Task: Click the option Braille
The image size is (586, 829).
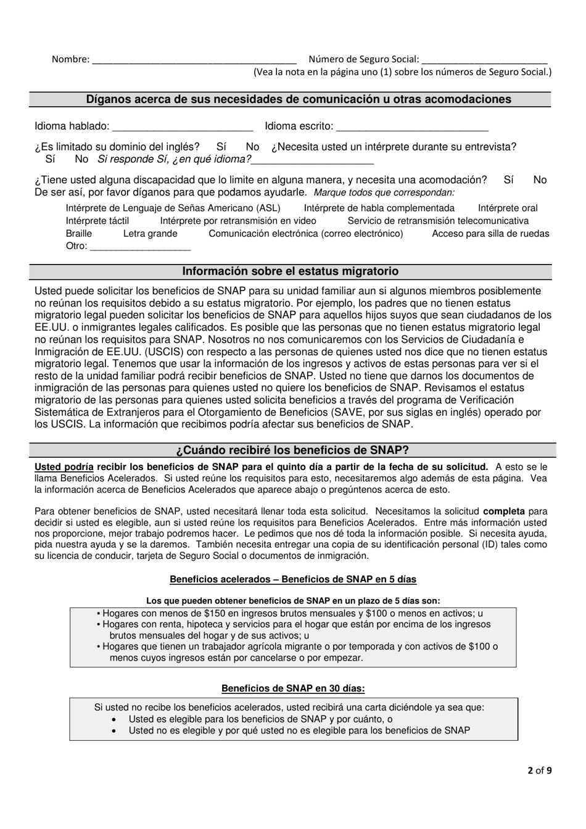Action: pyautogui.click(x=79, y=234)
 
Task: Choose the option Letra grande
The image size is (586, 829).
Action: pyautogui.click(x=150, y=234)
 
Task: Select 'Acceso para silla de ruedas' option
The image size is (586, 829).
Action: pyautogui.click(x=490, y=234)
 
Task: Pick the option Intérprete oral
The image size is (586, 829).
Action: pyautogui.click(x=508, y=208)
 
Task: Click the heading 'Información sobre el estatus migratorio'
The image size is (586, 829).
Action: pyautogui.click(x=291, y=271)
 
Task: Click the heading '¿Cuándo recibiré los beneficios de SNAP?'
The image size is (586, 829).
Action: pyautogui.click(x=293, y=450)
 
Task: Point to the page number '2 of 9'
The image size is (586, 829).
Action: pyautogui.click(x=540, y=770)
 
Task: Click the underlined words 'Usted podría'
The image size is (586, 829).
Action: pyautogui.click(x=64, y=467)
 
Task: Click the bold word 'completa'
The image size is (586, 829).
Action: pyautogui.click(x=504, y=511)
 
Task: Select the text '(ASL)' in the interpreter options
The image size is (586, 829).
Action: pyautogui.click(x=268, y=208)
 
